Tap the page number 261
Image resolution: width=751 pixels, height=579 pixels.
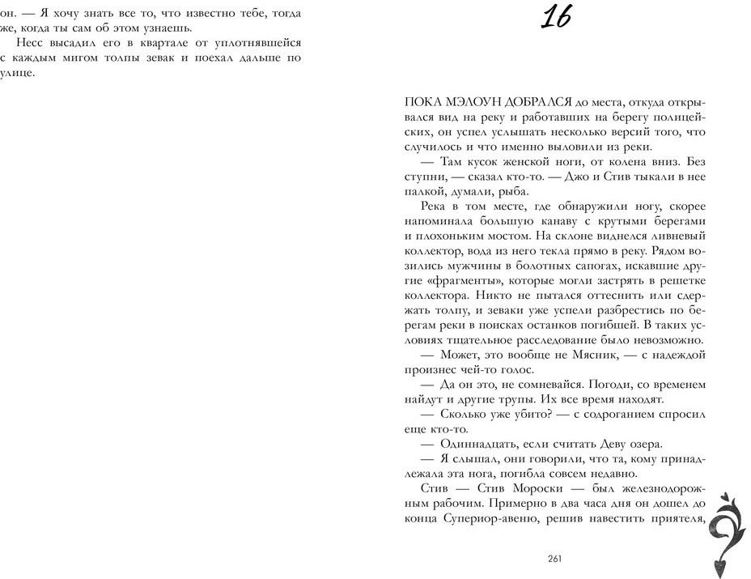[x=554, y=558]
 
